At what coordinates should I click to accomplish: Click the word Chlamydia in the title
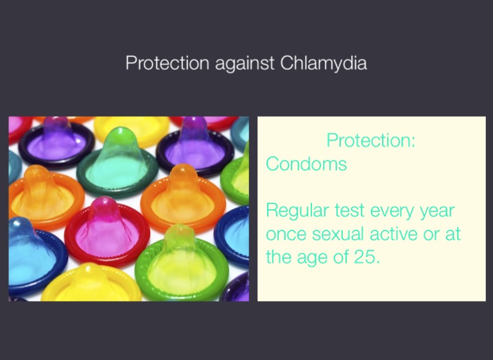point(324,63)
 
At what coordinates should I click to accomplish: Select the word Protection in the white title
point(168,63)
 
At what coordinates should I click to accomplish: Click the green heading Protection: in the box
point(371,140)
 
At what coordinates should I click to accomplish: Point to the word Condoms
point(307,164)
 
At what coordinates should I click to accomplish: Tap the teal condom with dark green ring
point(117,161)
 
